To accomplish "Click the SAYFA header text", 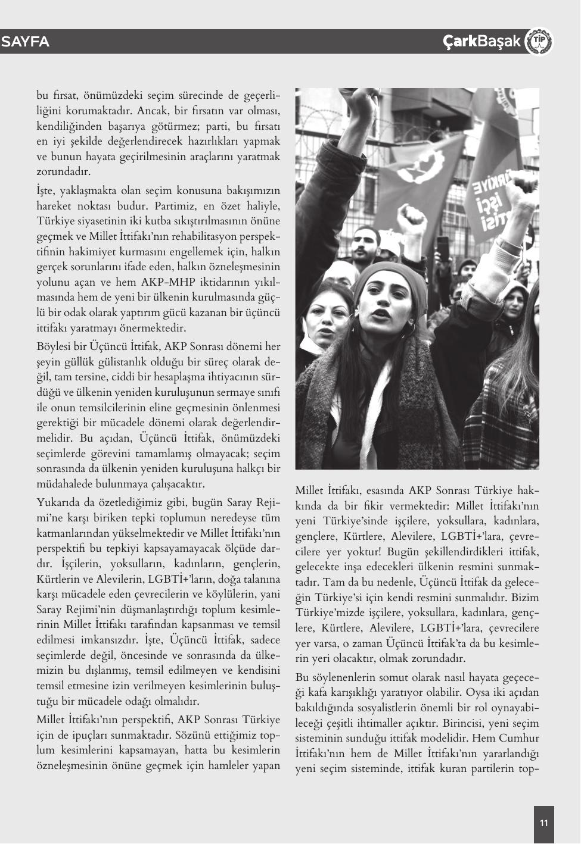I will tap(26, 42).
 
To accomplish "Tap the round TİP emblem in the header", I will tap(540, 42).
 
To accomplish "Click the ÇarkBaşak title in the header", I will tap(481, 42).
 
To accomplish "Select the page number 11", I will tap(543, 824).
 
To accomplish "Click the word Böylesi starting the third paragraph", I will tap(58, 346).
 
